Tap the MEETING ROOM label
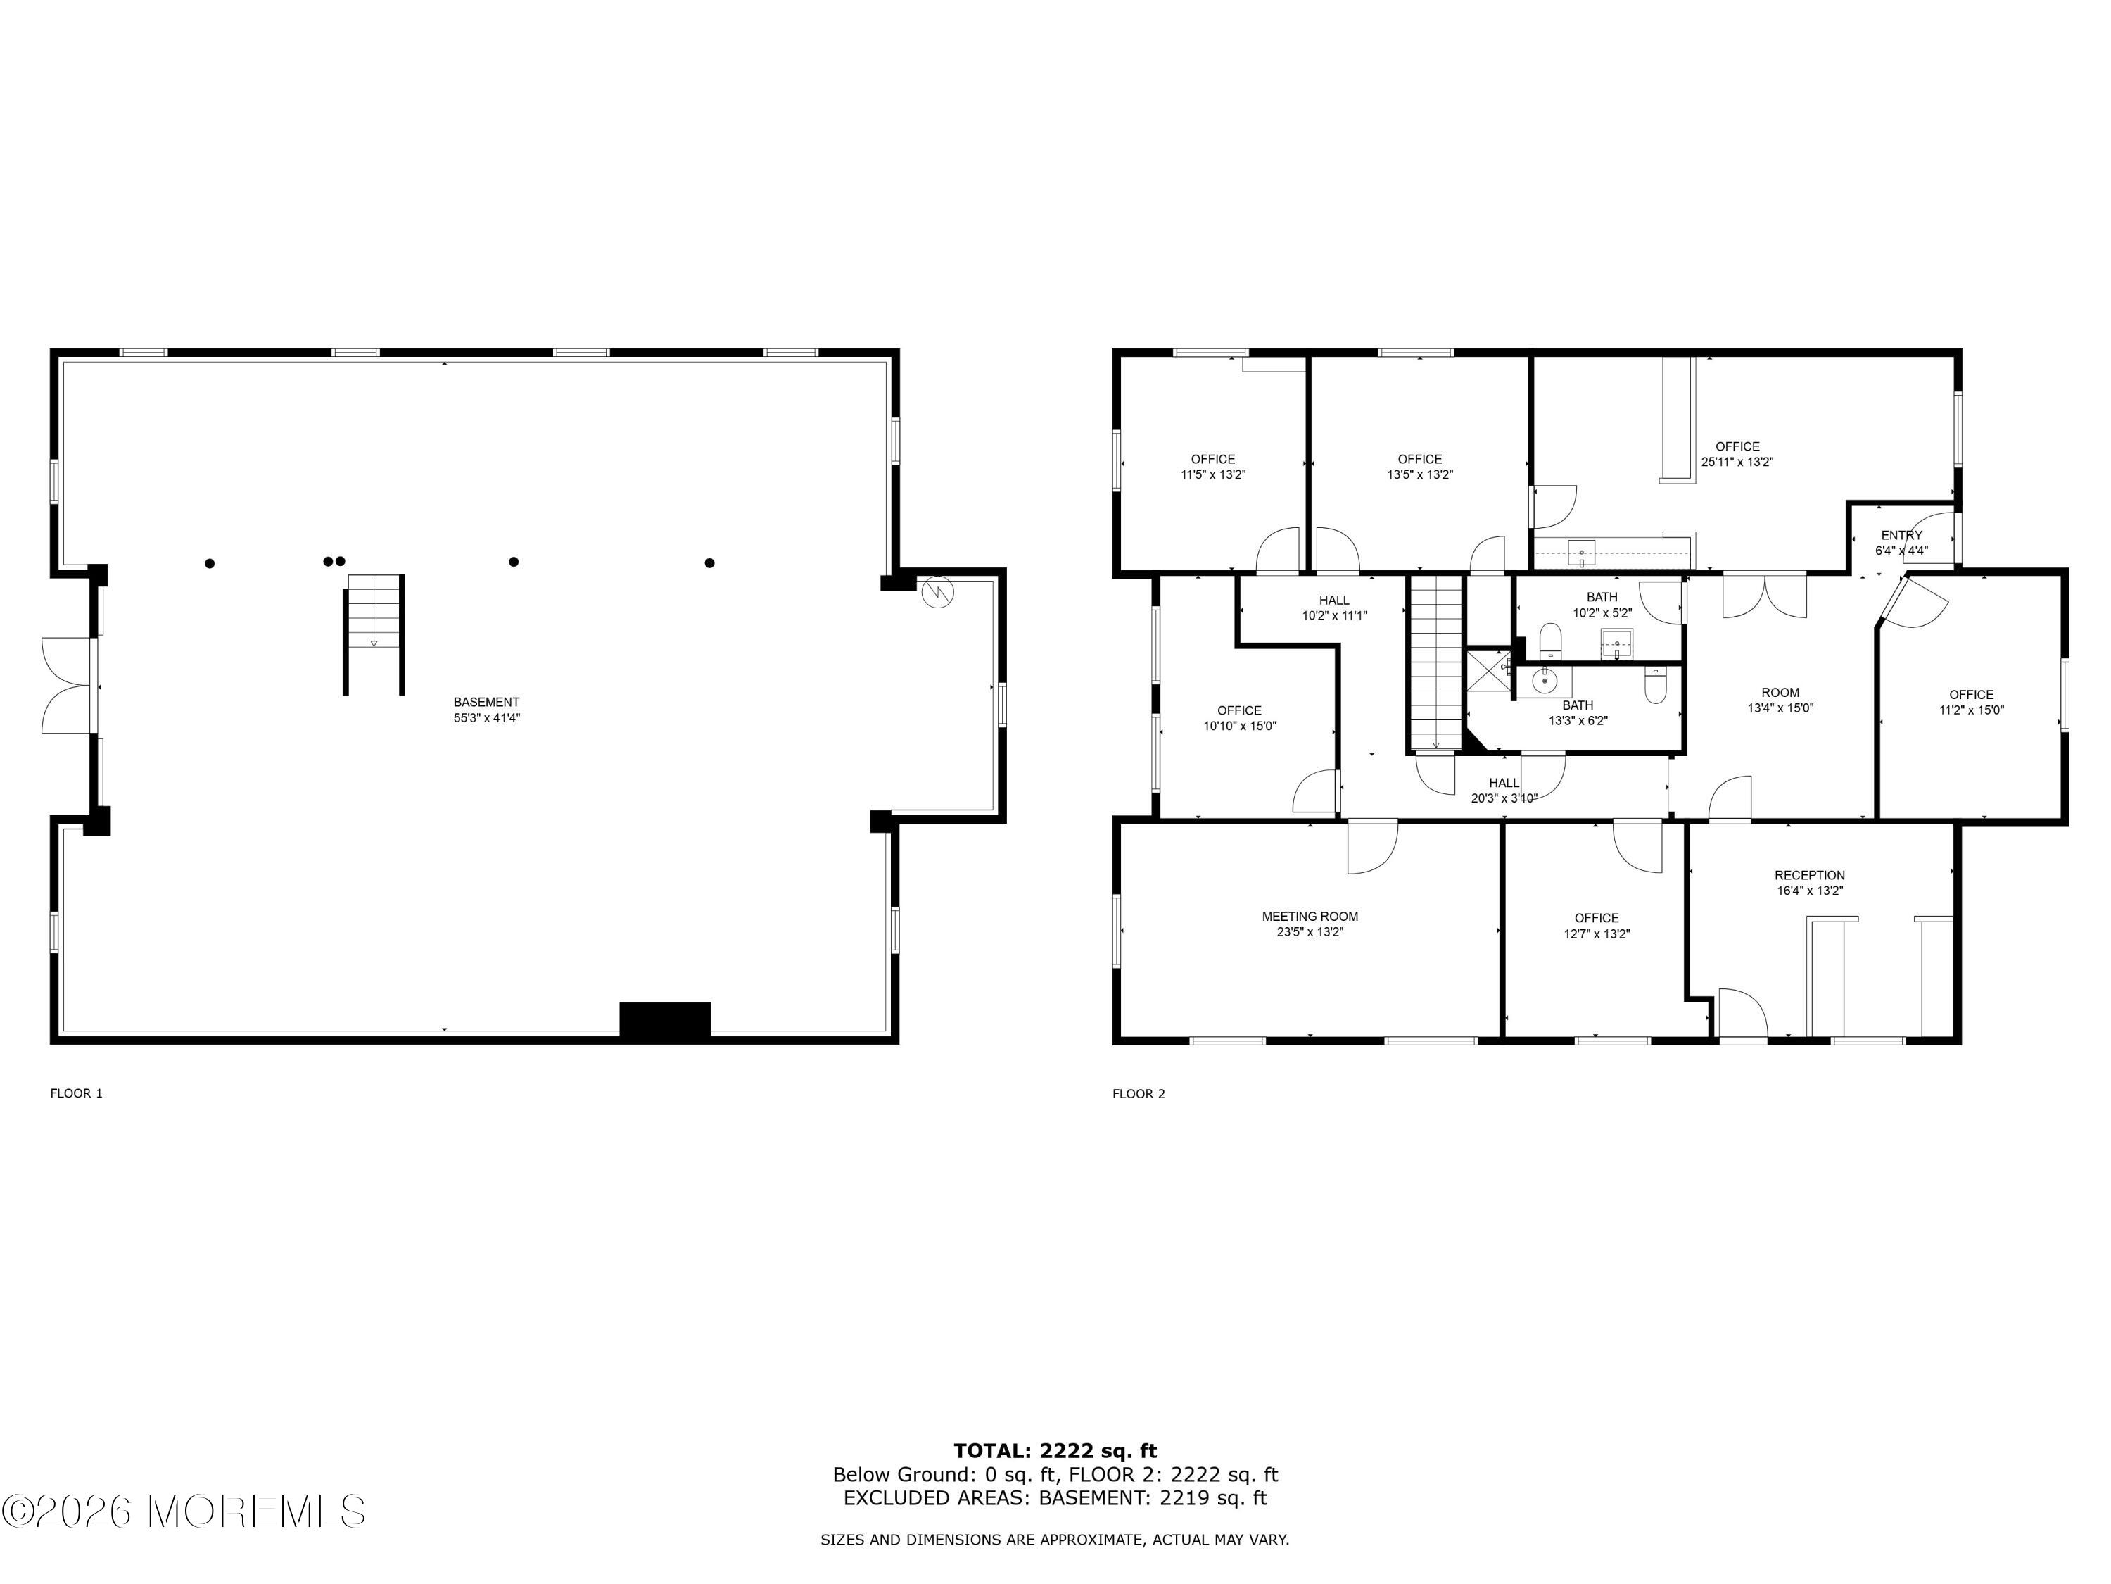click(x=1310, y=917)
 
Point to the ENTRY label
click(x=1901, y=536)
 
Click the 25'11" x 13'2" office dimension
click(x=1737, y=462)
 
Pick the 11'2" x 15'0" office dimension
click(x=1971, y=710)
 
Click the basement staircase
click(x=374, y=634)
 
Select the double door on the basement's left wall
click(x=69, y=686)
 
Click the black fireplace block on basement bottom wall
click(x=665, y=1021)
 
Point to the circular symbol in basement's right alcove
click(x=937, y=593)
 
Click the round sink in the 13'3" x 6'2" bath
click(x=1543, y=681)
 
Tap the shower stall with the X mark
click(x=1488, y=668)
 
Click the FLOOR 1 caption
click(x=76, y=1093)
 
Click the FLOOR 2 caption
click(x=1139, y=1093)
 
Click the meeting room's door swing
click(x=1372, y=847)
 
